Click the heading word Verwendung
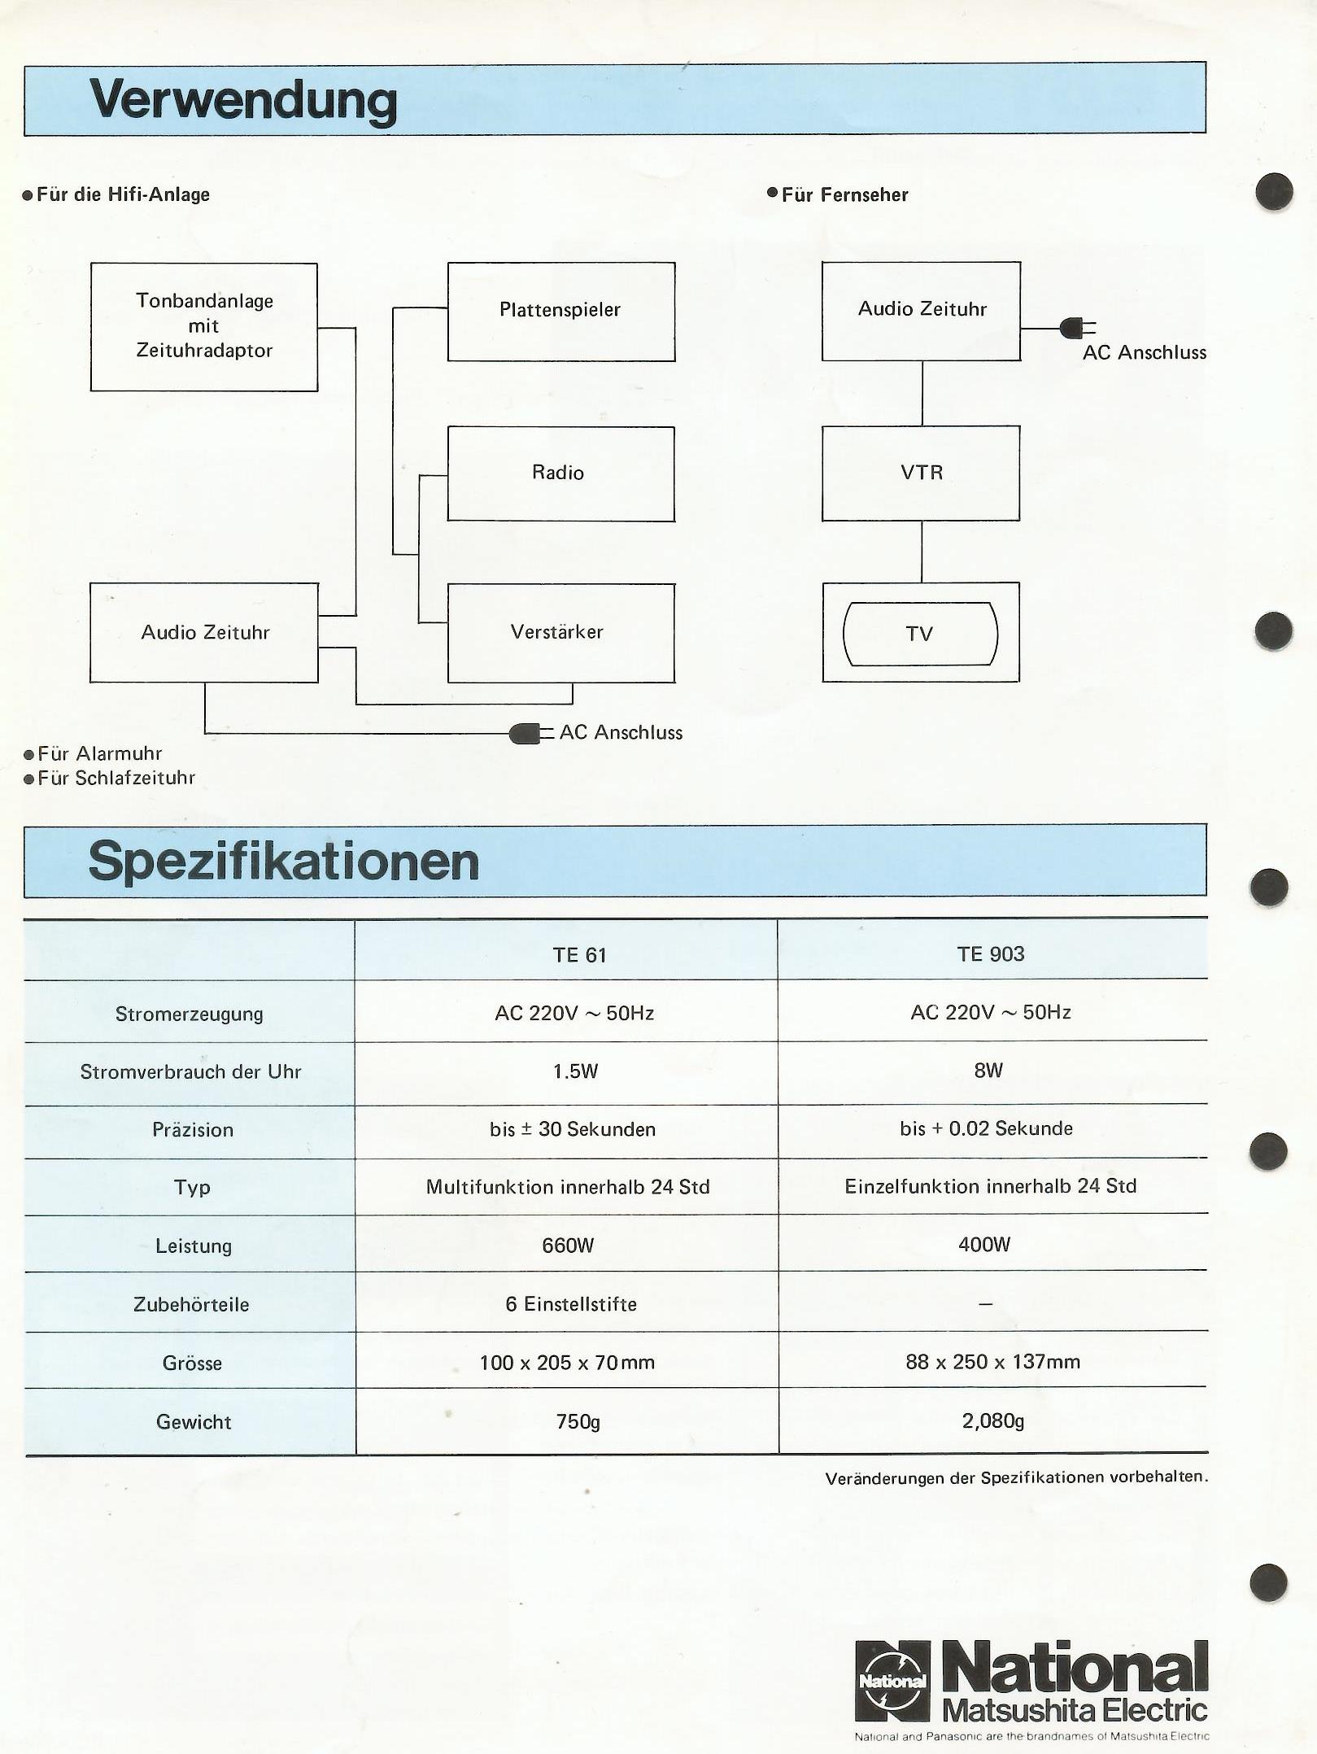pos(243,101)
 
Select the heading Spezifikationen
pos(284,862)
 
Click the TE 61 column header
pos(580,954)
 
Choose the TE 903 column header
pos(991,953)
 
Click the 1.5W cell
pos(575,1071)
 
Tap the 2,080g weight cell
pos(992,1420)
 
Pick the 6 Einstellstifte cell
pos(571,1304)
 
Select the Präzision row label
pos(193,1129)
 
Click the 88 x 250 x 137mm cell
pos(993,1362)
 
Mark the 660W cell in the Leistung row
pos(568,1246)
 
